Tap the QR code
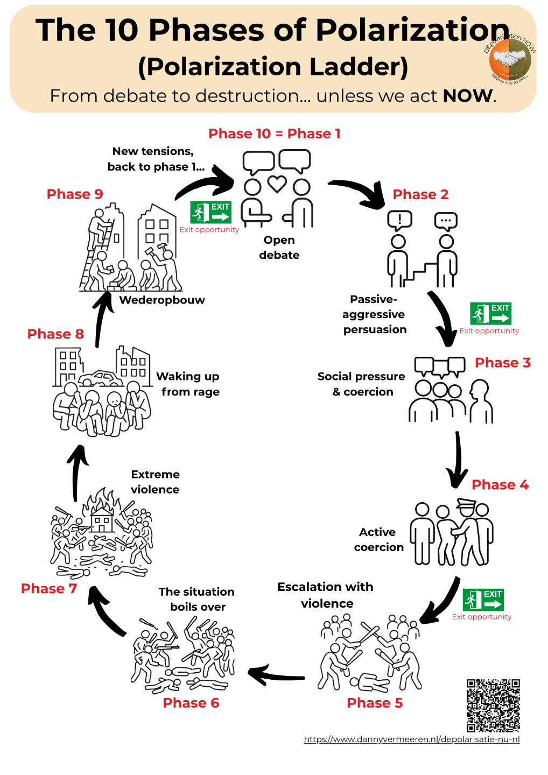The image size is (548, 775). [x=493, y=706]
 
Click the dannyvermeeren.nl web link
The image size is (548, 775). [x=412, y=739]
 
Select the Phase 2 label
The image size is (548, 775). [x=420, y=194]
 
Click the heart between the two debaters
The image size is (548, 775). [x=277, y=184]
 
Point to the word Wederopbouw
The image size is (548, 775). [x=162, y=300]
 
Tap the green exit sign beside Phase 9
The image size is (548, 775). [x=210, y=212]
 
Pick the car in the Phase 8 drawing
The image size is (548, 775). [x=101, y=378]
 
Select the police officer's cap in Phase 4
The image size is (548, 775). [x=467, y=503]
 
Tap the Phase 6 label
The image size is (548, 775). [x=191, y=703]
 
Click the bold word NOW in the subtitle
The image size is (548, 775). [x=467, y=96]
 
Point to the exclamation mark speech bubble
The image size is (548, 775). [x=399, y=221]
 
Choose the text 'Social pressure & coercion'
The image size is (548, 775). [x=361, y=384]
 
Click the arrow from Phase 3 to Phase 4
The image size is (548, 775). [x=458, y=459]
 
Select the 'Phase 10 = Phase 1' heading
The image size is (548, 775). [x=275, y=133]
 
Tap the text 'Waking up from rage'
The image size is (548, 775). [x=188, y=384]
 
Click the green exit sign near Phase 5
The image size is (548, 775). [x=483, y=600]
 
